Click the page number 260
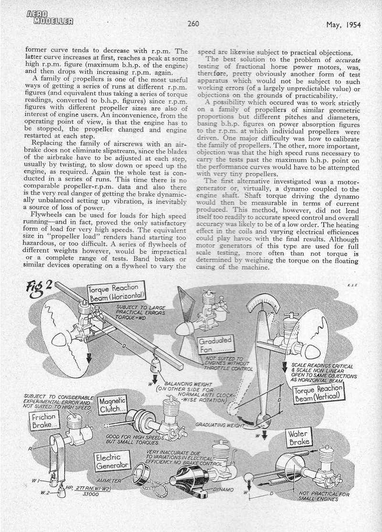pos(193,24)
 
